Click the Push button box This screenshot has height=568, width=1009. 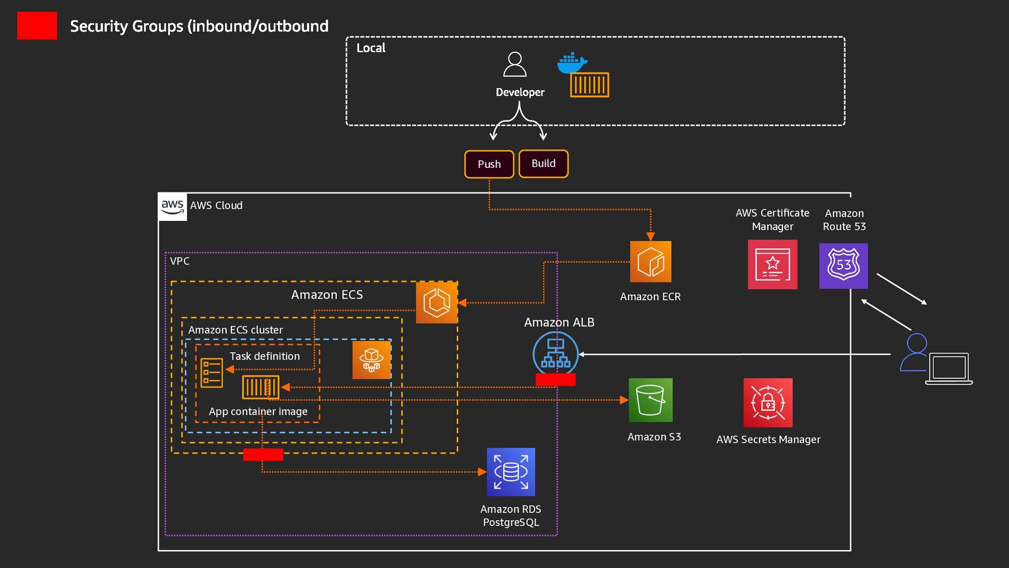(x=489, y=164)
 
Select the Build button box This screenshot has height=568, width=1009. (x=543, y=164)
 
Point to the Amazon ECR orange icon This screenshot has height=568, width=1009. (x=651, y=261)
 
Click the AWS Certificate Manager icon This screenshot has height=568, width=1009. (x=772, y=265)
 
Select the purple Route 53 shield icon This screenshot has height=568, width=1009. (x=843, y=266)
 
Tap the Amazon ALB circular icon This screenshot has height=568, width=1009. (x=555, y=354)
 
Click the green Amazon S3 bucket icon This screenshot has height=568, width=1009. (x=651, y=400)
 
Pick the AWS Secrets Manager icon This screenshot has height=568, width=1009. (x=768, y=402)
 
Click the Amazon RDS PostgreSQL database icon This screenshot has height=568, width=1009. (x=511, y=472)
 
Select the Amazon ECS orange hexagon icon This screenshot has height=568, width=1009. (x=437, y=302)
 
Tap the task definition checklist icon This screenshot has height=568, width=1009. (x=212, y=372)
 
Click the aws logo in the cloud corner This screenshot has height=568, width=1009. (x=172, y=206)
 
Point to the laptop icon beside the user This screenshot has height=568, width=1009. (x=949, y=368)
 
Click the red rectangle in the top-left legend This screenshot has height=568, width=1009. (x=37, y=26)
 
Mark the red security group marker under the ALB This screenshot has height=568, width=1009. (x=555, y=380)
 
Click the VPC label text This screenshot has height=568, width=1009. (x=180, y=261)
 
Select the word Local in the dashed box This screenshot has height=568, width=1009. (x=370, y=48)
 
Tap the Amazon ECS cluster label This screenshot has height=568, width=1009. (x=235, y=330)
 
